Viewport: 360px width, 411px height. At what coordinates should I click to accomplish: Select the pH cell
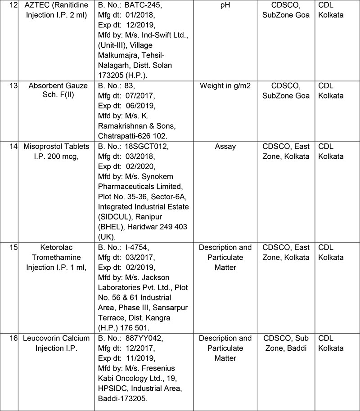tap(225, 7)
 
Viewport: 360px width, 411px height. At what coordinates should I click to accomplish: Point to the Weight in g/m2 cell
tap(225, 86)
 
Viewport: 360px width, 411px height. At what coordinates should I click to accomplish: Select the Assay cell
tap(225, 147)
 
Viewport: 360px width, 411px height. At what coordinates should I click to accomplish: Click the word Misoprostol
tap(43, 147)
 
